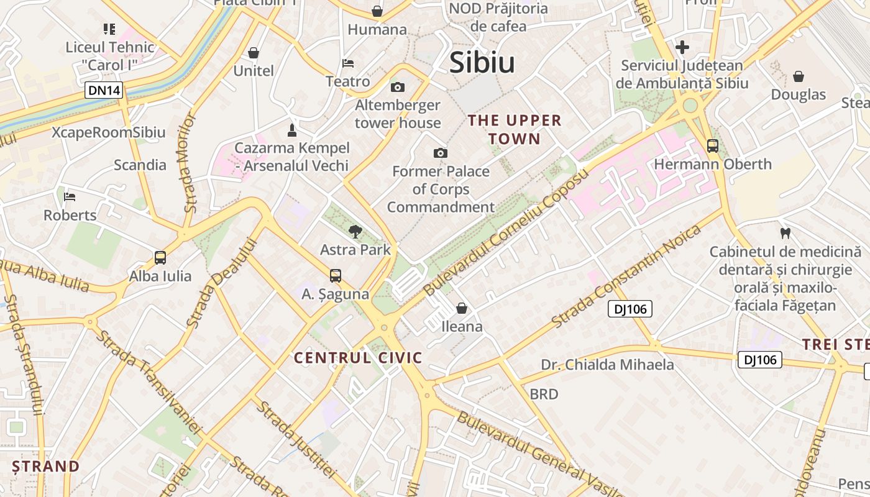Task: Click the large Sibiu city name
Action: [x=482, y=63]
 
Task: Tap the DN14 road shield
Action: [x=104, y=91]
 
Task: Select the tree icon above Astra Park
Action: [x=355, y=232]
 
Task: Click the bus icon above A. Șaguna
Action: [x=336, y=275]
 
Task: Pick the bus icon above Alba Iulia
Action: [x=160, y=257]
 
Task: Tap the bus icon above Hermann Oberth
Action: [x=713, y=146]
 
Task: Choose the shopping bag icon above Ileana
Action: [x=462, y=308]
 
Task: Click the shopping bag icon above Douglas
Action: [x=799, y=76]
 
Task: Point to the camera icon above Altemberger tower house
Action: [x=398, y=87]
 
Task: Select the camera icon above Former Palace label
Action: [x=441, y=153]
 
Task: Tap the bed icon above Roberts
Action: [x=70, y=197]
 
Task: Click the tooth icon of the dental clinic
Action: [x=785, y=234]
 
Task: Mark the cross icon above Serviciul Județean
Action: [x=682, y=47]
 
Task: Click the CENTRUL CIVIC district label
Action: [x=358, y=358]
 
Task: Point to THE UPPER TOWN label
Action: [x=515, y=129]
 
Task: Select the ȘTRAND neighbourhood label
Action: [x=46, y=466]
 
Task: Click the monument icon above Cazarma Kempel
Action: [x=291, y=130]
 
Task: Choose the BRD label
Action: [x=544, y=394]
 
